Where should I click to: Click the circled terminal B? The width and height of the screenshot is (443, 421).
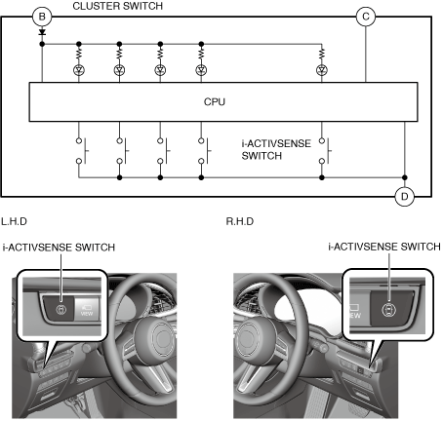(42, 17)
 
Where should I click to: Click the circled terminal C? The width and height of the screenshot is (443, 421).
(366, 17)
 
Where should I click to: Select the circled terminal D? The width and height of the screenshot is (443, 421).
(404, 196)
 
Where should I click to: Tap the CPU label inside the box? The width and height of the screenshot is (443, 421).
(215, 101)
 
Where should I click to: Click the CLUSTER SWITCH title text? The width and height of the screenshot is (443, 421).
(118, 6)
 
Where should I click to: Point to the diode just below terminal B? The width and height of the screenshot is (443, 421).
(42, 32)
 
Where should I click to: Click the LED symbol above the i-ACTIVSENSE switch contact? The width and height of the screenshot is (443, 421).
(322, 70)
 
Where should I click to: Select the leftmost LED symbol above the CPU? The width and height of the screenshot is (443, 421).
(79, 70)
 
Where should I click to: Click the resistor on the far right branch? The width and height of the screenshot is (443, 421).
(322, 54)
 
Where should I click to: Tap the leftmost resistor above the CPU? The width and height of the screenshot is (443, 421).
(79, 54)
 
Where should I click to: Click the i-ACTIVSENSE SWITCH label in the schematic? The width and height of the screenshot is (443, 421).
(276, 149)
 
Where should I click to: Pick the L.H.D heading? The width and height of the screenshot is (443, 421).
(14, 221)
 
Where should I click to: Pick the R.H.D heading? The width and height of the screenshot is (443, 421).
(240, 221)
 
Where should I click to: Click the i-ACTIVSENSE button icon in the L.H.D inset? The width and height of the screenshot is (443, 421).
(61, 310)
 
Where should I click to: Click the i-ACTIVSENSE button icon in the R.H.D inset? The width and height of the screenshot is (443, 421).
(388, 310)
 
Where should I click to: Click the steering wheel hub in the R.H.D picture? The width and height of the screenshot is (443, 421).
(255, 339)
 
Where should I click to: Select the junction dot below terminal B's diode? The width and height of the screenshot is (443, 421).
(42, 44)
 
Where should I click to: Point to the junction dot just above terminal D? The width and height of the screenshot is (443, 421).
(404, 177)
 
